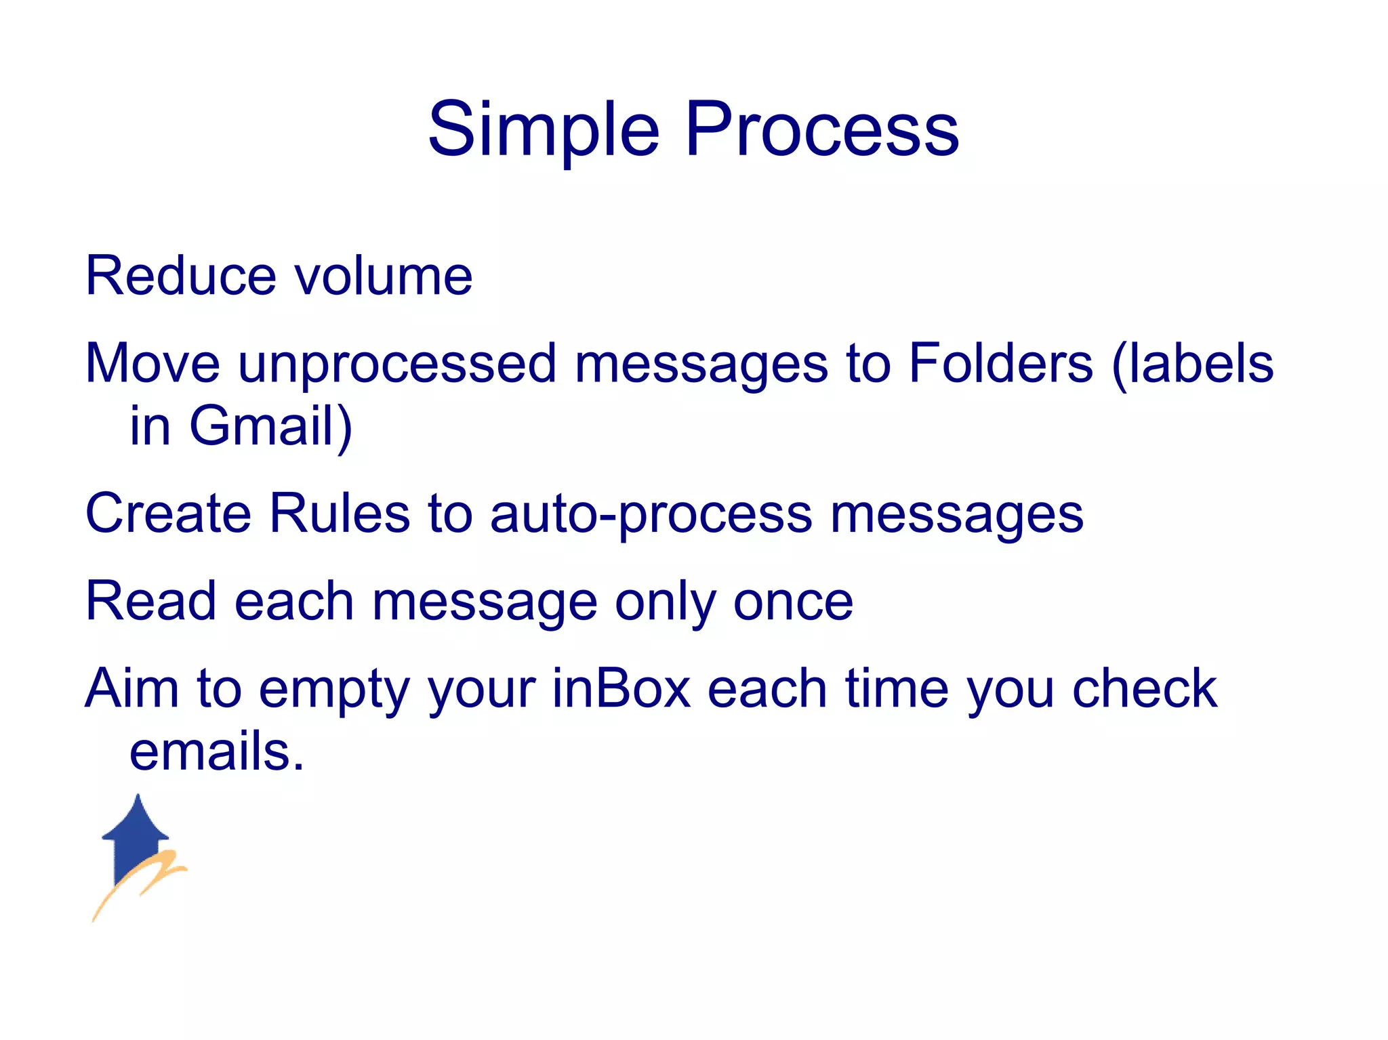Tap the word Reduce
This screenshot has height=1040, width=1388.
click(181, 276)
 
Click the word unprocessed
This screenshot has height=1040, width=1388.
click(397, 364)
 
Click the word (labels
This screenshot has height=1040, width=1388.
click(1192, 364)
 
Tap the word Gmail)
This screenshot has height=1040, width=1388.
click(270, 426)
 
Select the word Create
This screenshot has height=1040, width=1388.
click(168, 513)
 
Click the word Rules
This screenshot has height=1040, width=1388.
click(340, 513)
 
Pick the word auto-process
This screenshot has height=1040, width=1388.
click(651, 514)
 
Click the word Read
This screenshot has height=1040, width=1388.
click(150, 601)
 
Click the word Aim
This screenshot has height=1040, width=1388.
click(132, 688)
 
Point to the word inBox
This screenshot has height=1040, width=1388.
click(621, 688)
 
